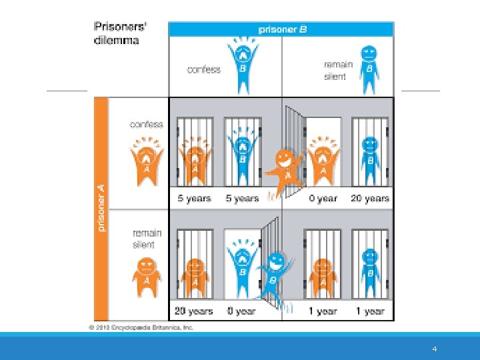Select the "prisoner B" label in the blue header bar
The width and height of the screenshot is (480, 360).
pos(281,29)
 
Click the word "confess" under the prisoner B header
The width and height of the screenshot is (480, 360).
pos(203,69)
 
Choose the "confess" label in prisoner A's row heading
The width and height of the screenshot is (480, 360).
pos(146,125)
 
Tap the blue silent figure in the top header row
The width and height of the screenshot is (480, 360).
pos(369,69)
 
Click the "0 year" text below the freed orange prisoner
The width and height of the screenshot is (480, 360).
pos(323,198)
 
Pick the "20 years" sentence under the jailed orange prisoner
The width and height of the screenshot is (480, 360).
pos(194,311)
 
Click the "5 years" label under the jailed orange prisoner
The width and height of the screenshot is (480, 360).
pos(194,198)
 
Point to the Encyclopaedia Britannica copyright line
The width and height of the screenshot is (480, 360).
pos(141,327)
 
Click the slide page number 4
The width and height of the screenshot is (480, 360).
pos(434,349)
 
